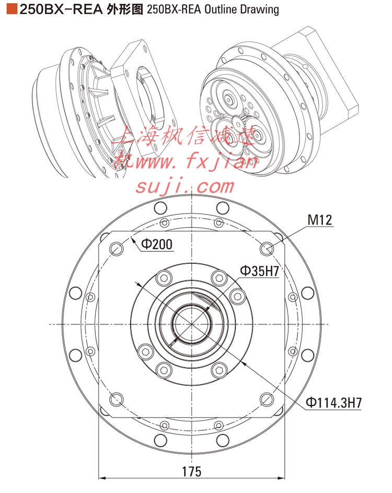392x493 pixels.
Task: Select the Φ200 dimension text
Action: (x=157, y=244)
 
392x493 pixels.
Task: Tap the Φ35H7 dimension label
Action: (x=259, y=271)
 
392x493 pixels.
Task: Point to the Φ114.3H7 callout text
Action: (x=333, y=403)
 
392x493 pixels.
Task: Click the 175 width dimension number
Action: (x=192, y=472)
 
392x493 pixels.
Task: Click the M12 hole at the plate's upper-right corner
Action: (x=267, y=249)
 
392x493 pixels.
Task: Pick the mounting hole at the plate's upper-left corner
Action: (x=116, y=249)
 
